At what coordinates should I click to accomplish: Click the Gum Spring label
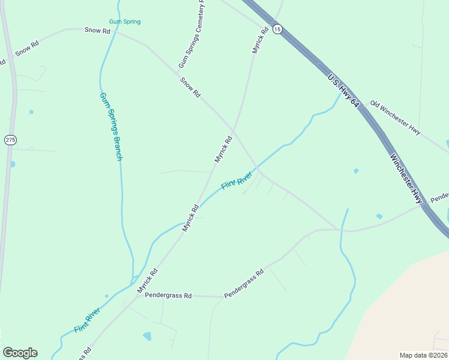click(125, 22)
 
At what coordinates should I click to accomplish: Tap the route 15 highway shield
click(277, 29)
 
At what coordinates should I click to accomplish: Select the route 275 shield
click(10, 140)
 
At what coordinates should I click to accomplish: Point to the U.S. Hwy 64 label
click(343, 91)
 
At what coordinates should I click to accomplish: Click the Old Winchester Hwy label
click(395, 118)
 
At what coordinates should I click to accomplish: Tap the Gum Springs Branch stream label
click(110, 127)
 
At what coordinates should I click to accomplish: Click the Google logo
click(20, 352)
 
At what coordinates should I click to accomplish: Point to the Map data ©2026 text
click(423, 355)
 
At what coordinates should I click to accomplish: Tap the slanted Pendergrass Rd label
click(244, 285)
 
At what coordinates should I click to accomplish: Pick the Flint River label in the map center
click(236, 181)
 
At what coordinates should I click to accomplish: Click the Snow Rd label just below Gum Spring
click(97, 30)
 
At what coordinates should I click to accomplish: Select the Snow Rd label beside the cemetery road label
click(190, 87)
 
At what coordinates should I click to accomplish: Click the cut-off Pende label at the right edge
click(439, 196)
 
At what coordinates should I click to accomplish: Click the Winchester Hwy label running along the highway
click(406, 178)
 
